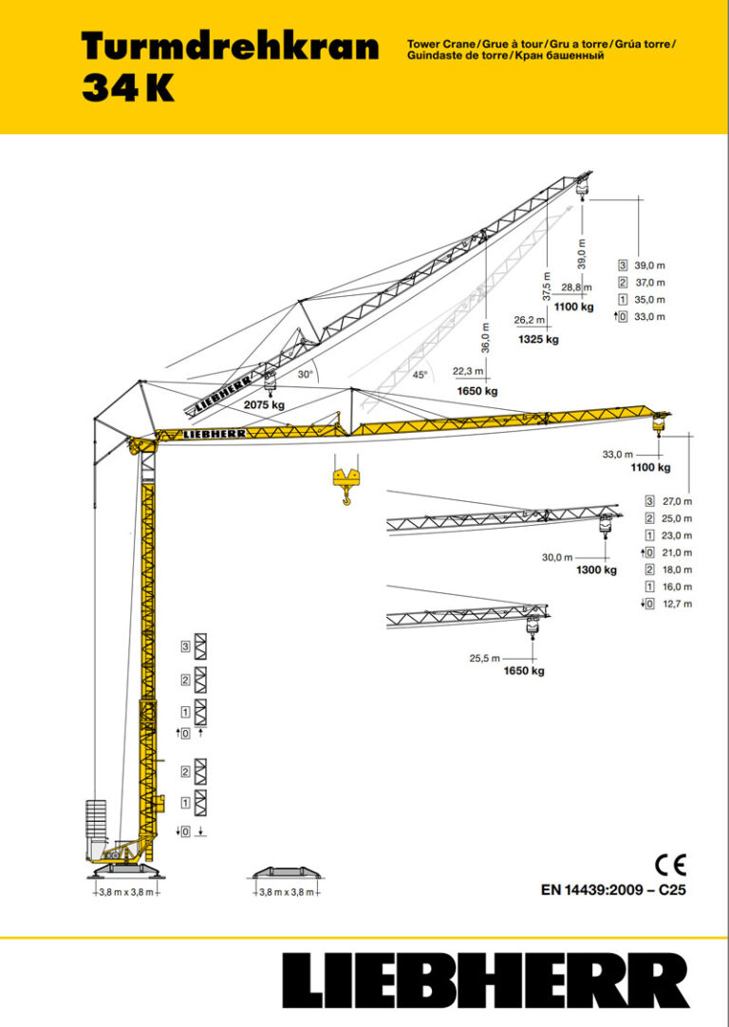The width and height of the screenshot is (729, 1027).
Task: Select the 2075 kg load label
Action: pos(264,405)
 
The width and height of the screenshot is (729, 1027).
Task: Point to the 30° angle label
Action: pos(305,375)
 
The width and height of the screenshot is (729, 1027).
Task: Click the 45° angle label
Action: pos(420,374)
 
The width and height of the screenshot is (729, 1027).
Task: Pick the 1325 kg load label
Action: pos(538,339)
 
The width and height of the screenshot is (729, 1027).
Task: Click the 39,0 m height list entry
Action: pos(649,265)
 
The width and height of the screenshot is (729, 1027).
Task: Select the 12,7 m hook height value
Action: pos(677,604)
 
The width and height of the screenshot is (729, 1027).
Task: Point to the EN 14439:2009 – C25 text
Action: pos(612,890)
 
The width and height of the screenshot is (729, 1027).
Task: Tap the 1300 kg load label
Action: pos(596,570)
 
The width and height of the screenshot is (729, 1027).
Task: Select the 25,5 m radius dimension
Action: pos(485,658)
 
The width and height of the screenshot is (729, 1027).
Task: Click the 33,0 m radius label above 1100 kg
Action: pos(617,453)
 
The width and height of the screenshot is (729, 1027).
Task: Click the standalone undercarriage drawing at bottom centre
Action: pos(290,873)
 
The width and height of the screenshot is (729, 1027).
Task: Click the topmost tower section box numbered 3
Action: pos(200,646)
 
